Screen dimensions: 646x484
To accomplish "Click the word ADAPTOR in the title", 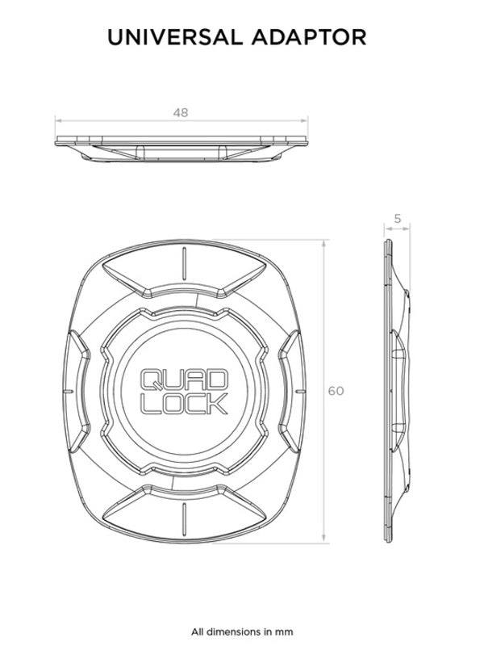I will coord(318,36).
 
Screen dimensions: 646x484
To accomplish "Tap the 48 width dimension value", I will coord(181,113).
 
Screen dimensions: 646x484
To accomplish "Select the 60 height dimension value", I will coord(336,391).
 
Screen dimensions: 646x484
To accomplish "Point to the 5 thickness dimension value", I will coord(398,217).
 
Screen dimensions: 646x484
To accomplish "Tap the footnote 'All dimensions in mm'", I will coord(242,631).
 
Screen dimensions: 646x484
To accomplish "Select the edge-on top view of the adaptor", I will coord(181,147).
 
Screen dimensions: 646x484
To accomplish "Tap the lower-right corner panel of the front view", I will coord(246,505).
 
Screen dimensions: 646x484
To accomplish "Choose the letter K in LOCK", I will coord(216,403).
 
